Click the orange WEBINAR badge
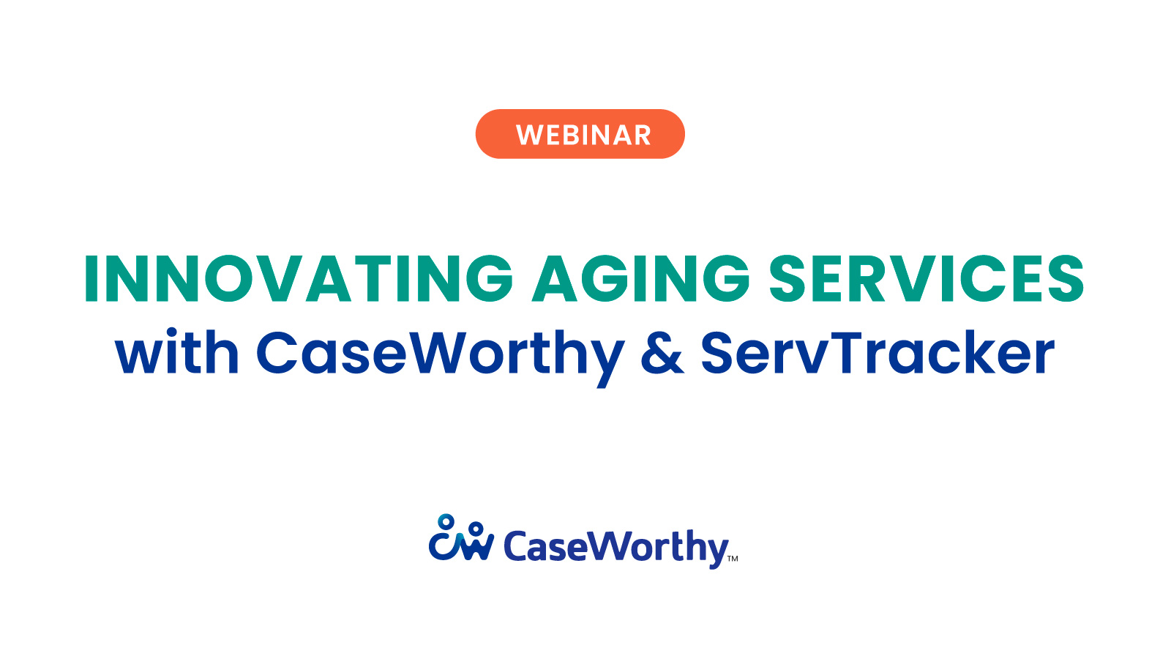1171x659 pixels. (x=580, y=134)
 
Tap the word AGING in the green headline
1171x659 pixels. (x=641, y=278)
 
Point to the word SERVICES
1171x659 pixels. (x=927, y=278)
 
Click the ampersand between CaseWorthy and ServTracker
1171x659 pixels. (x=662, y=354)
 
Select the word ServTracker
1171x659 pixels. (x=877, y=354)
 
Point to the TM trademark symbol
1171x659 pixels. (x=733, y=559)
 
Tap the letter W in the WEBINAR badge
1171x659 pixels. (x=528, y=135)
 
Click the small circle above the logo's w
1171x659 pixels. (x=476, y=529)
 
